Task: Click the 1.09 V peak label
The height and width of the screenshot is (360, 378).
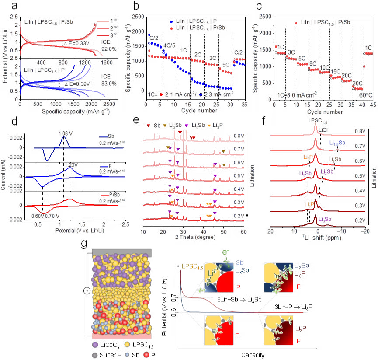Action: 64,133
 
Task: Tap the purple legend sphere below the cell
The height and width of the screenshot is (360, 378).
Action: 95,346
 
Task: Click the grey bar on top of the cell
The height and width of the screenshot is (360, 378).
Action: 121,252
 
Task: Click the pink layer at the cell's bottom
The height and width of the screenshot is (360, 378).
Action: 121,337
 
